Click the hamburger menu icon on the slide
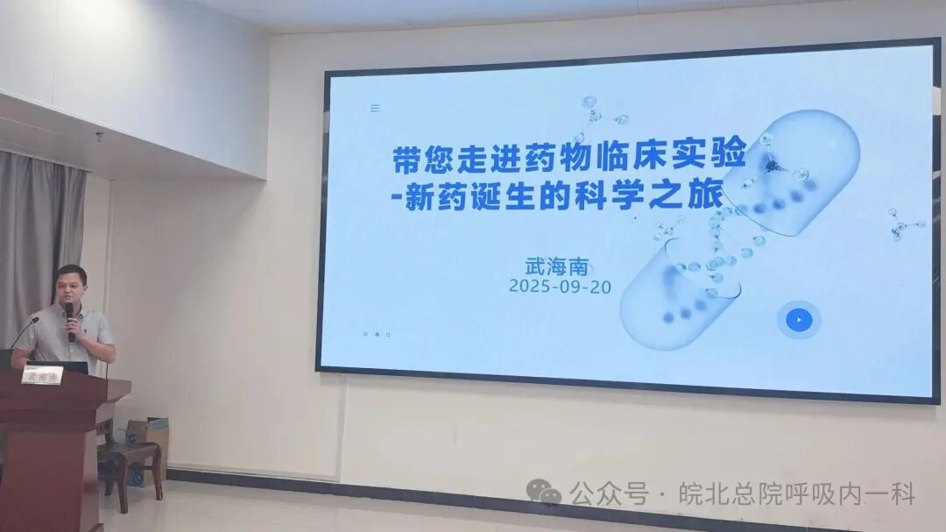click(x=375, y=109)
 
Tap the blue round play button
click(x=799, y=320)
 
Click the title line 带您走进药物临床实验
click(x=569, y=160)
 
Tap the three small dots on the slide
click(x=377, y=334)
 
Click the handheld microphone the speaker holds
click(x=70, y=320)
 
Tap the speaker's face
click(x=70, y=287)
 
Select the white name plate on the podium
click(x=42, y=374)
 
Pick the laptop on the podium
click(x=61, y=366)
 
